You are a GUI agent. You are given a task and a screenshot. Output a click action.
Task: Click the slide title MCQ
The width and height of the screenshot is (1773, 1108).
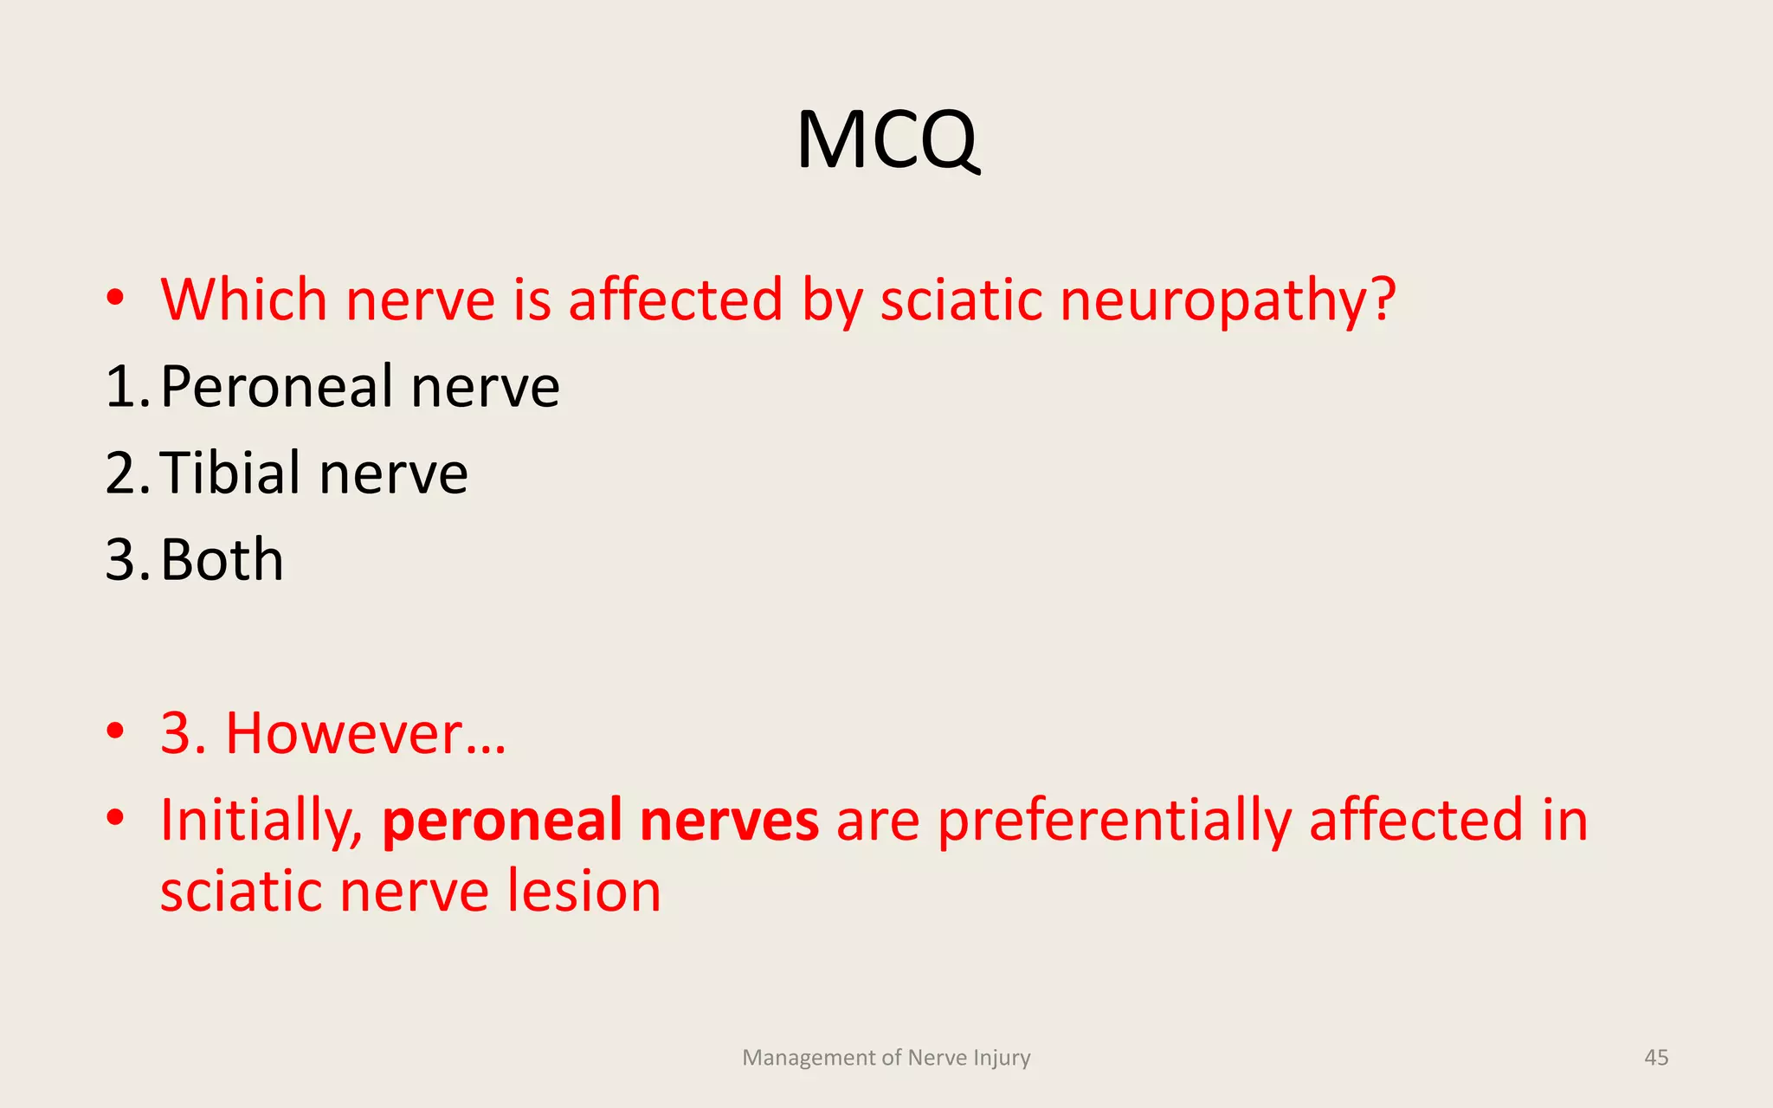click(887, 140)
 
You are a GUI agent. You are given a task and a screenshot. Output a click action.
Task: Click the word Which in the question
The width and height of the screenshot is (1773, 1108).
click(244, 300)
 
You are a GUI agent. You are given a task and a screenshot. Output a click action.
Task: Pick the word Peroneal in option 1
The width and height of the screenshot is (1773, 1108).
click(276, 387)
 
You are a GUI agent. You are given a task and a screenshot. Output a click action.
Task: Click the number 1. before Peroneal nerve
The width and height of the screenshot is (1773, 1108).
click(126, 387)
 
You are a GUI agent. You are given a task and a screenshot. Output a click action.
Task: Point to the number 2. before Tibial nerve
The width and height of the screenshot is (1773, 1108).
click(126, 473)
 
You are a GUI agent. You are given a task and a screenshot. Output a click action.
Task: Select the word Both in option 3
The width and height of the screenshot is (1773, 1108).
click(222, 560)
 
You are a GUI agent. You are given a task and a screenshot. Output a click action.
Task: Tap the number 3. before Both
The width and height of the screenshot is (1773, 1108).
click(126, 560)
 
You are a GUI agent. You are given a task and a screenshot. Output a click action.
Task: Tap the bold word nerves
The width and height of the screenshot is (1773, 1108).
click(729, 821)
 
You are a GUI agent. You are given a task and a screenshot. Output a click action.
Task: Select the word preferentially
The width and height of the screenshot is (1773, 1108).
click(1114, 821)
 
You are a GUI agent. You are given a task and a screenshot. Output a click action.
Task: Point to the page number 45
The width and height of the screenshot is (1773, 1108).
click(1656, 1058)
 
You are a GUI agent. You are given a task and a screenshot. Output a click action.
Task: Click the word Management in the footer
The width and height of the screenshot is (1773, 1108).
click(809, 1058)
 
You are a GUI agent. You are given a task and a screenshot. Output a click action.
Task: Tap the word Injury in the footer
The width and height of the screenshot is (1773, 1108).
click(1002, 1058)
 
